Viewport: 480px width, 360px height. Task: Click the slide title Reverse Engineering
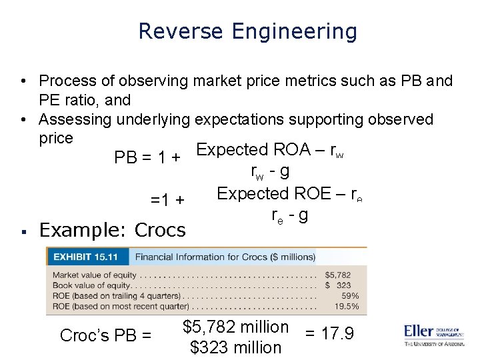(247, 31)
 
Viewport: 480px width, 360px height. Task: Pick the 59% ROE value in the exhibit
(349, 295)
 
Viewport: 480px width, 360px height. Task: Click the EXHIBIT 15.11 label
(85, 257)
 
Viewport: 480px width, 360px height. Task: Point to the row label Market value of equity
(94, 274)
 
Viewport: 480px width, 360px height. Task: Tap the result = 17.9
(329, 333)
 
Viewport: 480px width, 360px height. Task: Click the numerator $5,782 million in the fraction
(235, 327)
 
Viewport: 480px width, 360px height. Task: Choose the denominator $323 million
(235, 347)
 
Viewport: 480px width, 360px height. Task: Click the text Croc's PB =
(106, 335)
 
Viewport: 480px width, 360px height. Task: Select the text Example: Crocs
(112, 230)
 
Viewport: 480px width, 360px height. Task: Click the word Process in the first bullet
(67, 81)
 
